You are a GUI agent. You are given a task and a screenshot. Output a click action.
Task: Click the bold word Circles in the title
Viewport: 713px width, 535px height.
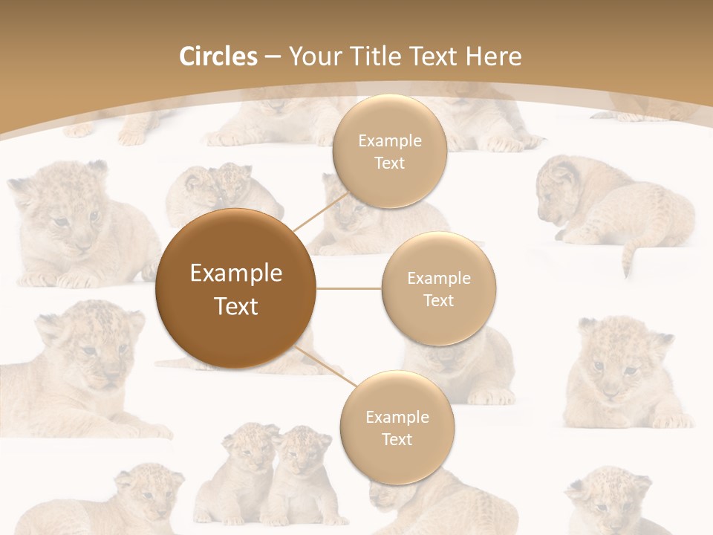tap(218, 56)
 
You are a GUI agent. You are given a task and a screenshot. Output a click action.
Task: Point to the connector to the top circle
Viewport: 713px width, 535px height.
tap(321, 210)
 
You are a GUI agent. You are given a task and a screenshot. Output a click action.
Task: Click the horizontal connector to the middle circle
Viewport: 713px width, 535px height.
tap(349, 288)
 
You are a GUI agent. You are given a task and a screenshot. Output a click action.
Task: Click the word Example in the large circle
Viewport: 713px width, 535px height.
tap(236, 273)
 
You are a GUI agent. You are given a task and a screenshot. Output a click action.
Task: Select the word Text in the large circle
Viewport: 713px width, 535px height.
tap(236, 305)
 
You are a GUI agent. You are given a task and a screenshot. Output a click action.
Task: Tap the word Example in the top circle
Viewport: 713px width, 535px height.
tap(390, 141)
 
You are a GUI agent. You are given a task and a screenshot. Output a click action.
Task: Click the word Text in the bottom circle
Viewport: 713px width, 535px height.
tap(397, 439)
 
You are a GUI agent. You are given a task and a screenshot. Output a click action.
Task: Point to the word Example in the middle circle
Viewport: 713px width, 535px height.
tap(439, 279)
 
